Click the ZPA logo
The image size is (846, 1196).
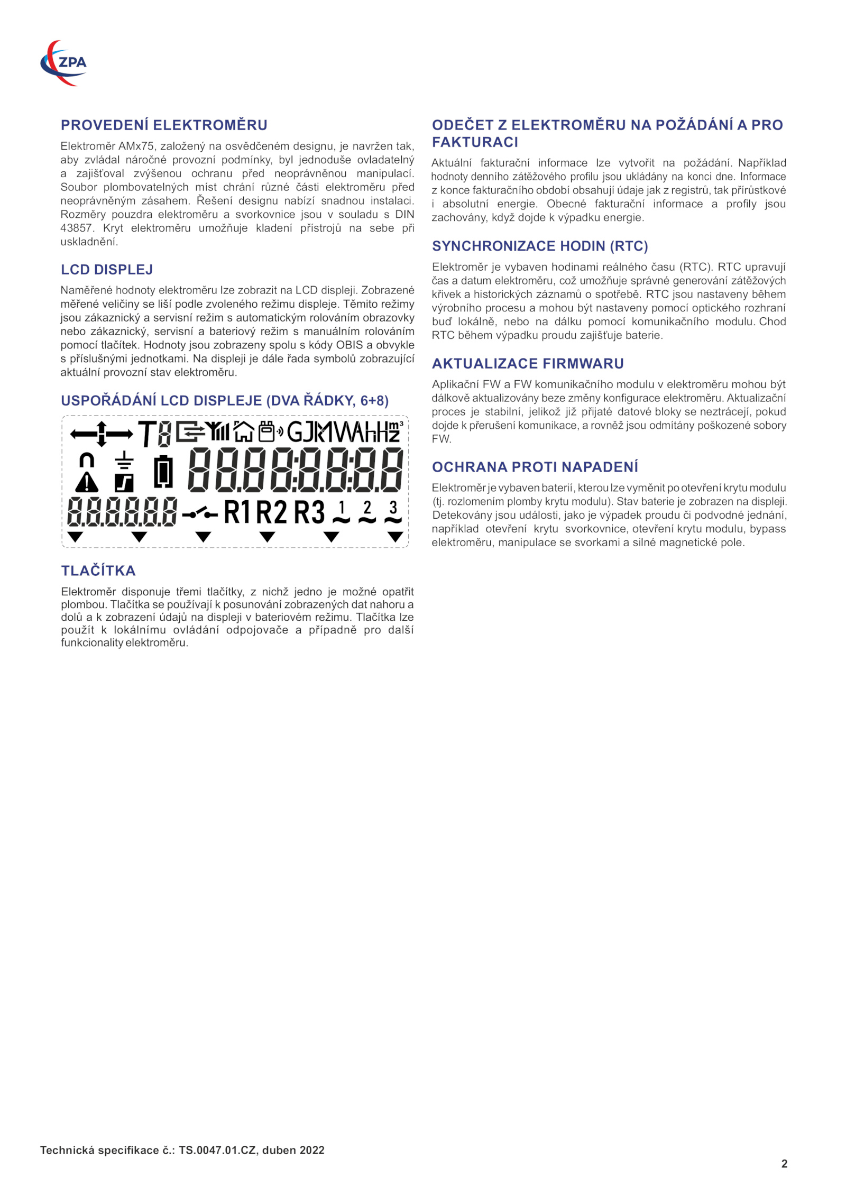pos(63,63)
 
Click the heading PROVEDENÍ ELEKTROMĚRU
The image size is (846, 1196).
pos(164,125)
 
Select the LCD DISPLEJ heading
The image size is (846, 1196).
pos(107,270)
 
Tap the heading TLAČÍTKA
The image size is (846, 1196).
pos(98,571)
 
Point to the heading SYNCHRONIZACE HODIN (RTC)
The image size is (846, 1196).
pos(540,246)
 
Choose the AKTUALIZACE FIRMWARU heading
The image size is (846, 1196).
pos(528,363)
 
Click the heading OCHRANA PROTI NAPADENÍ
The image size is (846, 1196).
pos(535,467)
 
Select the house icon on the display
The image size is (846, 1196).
pos(244,431)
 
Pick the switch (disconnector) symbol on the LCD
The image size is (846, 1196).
pos(200,513)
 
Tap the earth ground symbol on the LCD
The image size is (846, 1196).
pos(124,460)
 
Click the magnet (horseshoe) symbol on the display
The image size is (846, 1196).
pos(87,459)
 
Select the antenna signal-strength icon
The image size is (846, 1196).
pos(217,431)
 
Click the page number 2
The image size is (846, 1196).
pos(784,1163)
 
